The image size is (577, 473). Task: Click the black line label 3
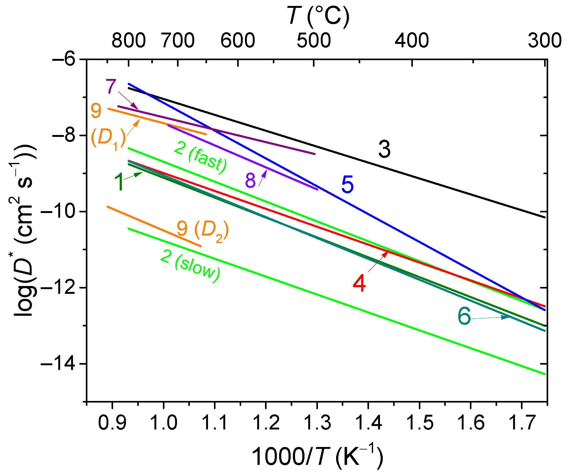(384, 149)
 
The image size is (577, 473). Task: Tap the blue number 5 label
(347, 185)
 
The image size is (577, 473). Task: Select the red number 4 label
(359, 283)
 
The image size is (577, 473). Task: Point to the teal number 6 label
(464, 316)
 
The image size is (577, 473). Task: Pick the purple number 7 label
(111, 87)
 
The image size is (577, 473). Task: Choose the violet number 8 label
(250, 180)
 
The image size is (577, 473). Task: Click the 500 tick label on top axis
(314, 41)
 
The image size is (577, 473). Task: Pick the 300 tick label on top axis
(544, 41)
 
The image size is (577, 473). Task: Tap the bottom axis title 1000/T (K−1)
(317, 457)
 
